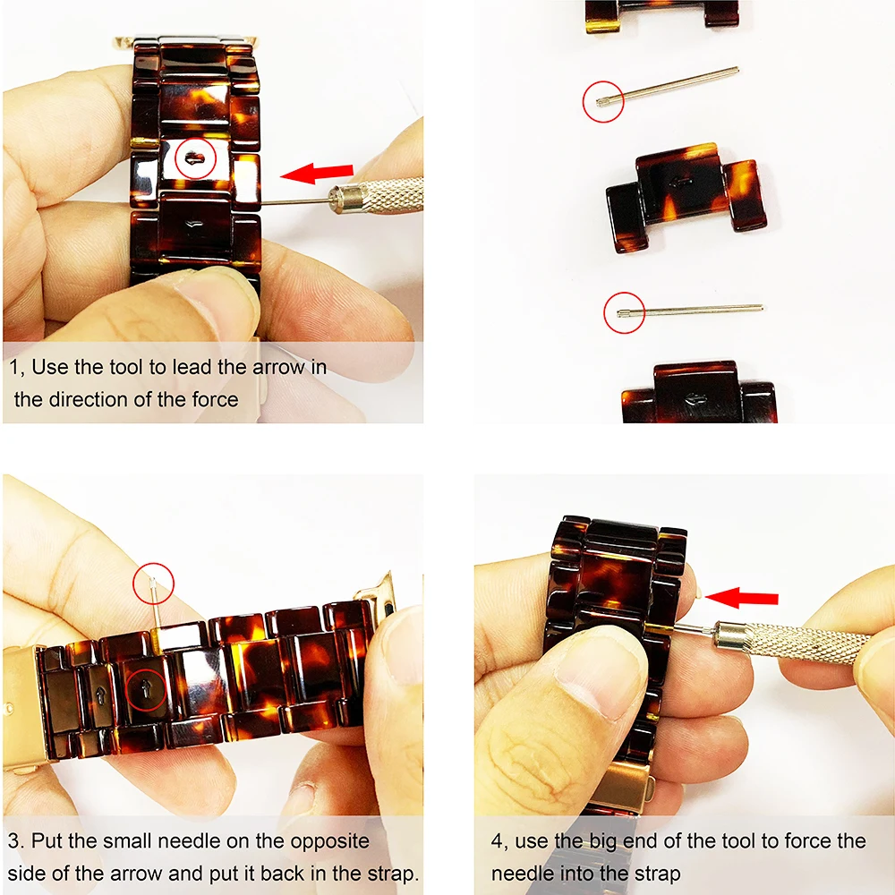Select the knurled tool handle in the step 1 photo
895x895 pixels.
pos(376,196)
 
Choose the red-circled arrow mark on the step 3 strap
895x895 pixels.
pos(146,691)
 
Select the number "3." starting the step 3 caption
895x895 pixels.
pos(17,841)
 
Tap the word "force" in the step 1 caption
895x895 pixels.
pos(216,399)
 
